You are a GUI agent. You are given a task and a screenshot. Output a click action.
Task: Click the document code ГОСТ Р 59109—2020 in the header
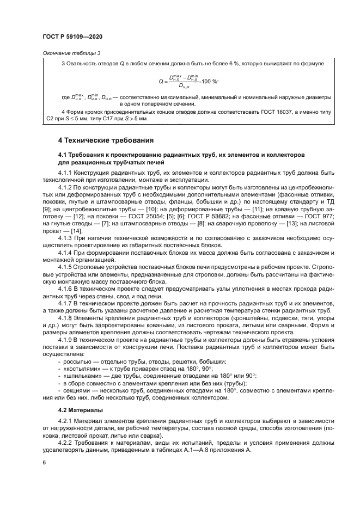pos(72,35)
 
